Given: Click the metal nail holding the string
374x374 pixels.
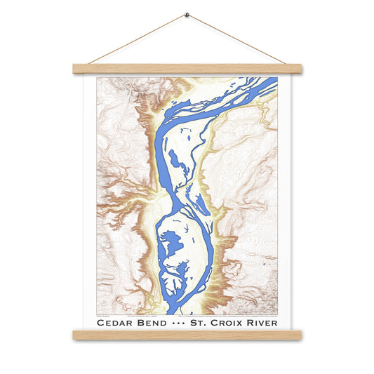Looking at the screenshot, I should [x=187, y=14].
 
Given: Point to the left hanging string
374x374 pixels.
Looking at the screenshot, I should [x=137, y=39].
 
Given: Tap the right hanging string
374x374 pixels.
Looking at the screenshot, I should [x=237, y=39].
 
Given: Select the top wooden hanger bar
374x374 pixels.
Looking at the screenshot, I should [x=187, y=69].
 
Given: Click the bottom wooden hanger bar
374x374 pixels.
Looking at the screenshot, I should [x=187, y=335].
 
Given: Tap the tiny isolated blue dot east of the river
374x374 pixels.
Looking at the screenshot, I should [x=261, y=265].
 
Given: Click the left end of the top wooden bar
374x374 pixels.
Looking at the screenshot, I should [x=76, y=69].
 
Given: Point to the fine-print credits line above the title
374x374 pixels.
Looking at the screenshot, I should [x=187, y=314].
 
